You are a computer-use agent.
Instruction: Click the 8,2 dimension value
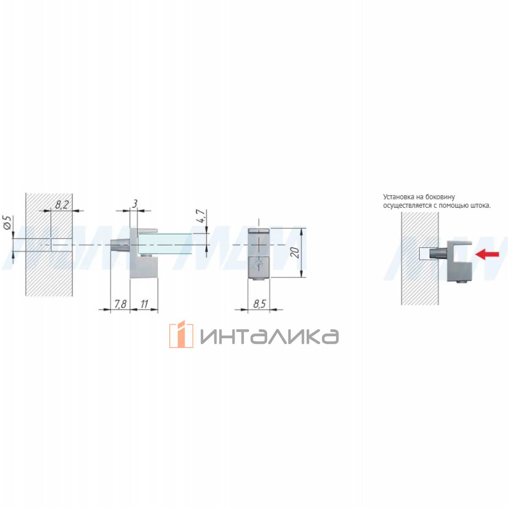[62, 204]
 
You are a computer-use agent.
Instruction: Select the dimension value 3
[135, 204]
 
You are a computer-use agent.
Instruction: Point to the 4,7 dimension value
[201, 216]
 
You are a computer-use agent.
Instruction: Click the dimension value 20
[296, 253]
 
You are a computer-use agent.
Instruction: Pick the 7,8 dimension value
[120, 304]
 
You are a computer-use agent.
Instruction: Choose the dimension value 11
[144, 304]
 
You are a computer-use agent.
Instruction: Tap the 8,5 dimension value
[260, 304]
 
